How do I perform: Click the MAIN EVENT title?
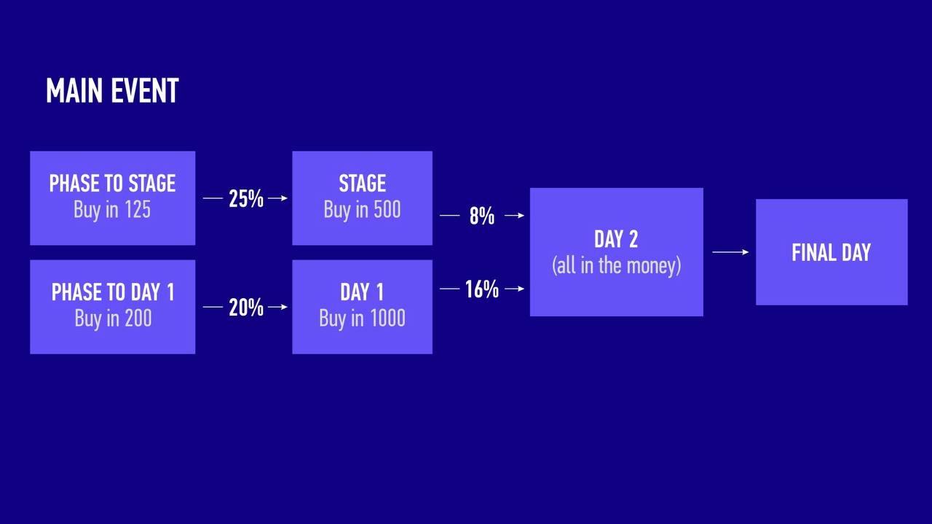[x=112, y=90]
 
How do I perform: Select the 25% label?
[x=246, y=198]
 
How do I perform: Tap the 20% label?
[x=246, y=308]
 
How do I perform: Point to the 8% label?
[x=482, y=216]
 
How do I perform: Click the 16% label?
[x=482, y=289]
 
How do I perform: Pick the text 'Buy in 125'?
[x=112, y=209]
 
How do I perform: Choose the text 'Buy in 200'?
[x=113, y=318]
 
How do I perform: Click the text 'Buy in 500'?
[x=363, y=209]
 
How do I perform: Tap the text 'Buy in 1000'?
[x=363, y=318]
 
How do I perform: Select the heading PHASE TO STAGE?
[x=112, y=183]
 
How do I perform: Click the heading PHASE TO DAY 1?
[x=113, y=292]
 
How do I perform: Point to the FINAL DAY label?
[x=832, y=252]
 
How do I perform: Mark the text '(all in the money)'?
[x=617, y=266]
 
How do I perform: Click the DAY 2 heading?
[x=616, y=239]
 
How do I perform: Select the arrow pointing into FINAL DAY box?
[x=730, y=252]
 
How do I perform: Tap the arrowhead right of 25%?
[x=284, y=198]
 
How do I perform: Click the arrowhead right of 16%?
[x=521, y=289]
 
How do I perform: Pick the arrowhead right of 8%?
[x=521, y=215]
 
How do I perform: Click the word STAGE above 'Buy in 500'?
[x=363, y=183]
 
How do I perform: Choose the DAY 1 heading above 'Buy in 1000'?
[x=362, y=292]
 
